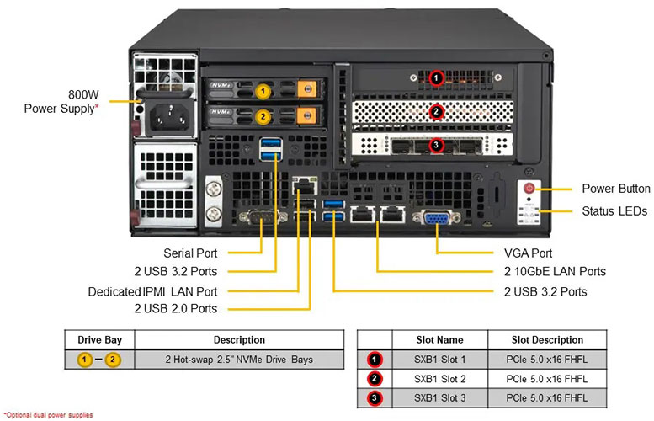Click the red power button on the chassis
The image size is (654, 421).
pos(530,189)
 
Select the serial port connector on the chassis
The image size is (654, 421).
pos(258,217)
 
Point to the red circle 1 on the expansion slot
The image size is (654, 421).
pos(436,78)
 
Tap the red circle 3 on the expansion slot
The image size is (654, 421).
pos(436,146)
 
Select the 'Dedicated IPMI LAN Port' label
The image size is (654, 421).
pos(152,291)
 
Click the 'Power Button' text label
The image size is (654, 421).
pos(616,189)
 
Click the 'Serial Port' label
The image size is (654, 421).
pos(190,253)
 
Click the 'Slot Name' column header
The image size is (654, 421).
pos(439,340)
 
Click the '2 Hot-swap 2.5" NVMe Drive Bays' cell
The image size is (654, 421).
pos(241,360)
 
